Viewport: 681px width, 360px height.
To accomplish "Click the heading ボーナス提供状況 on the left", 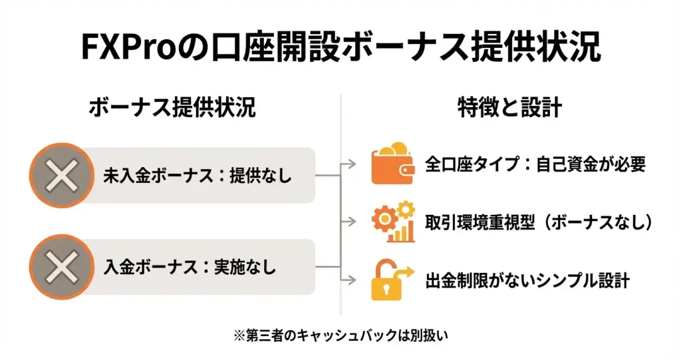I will click(172, 107).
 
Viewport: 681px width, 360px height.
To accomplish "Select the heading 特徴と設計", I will click(510, 107).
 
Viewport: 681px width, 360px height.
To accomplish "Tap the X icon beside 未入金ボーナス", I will click(61, 176).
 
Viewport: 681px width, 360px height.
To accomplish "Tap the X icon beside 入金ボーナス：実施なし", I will click(61, 268).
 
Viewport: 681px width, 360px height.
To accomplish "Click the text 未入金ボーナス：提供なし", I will click(198, 176).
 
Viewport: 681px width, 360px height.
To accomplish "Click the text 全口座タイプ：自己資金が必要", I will click(535, 164).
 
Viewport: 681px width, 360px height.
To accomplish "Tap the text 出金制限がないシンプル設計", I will click(527, 280).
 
